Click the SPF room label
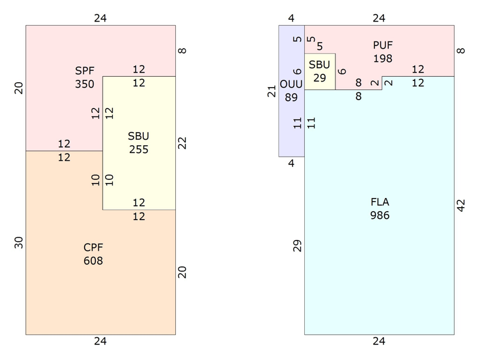click(85, 71)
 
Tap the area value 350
click(85, 84)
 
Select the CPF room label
click(93, 247)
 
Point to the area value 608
click(93, 261)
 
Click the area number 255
click(139, 149)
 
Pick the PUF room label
click(383, 46)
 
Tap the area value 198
click(383, 58)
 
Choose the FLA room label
click(380, 202)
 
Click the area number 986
click(380, 215)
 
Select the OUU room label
click(291, 84)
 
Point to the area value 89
click(291, 97)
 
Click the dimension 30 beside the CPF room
click(19, 243)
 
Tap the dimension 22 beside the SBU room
click(182, 143)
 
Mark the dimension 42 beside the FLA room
click(461, 205)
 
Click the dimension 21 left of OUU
click(272, 91)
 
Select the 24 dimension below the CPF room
click(100, 341)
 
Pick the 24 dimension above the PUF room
click(379, 19)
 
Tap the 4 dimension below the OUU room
click(291, 163)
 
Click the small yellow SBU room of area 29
click(320, 71)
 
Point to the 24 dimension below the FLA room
click(379, 341)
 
